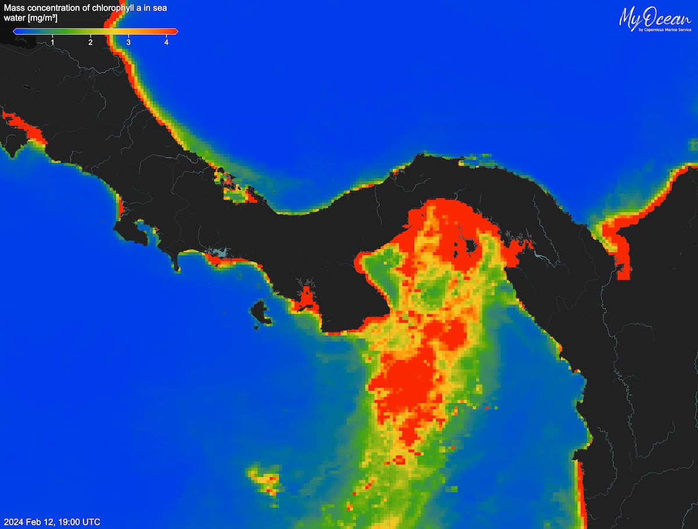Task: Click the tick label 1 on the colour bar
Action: (x=53, y=42)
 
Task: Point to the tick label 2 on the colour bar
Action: (x=91, y=42)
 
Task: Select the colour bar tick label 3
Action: (x=129, y=42)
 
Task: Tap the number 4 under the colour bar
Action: (x=166, y=42)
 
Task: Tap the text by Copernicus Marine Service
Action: (x=665, y=30)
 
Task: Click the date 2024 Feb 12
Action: (x=28, y=521)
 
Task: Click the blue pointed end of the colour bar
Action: (x=16, y=31)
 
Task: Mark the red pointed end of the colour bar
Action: (x=175, y=31)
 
